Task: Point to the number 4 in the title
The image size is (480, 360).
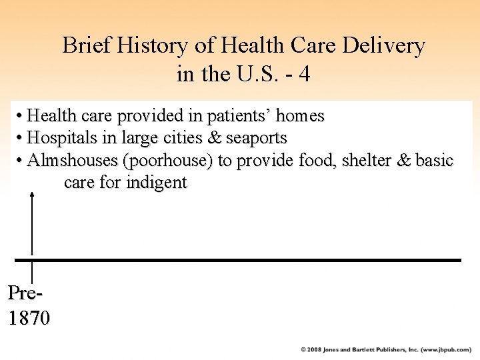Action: click(x=304, y=74)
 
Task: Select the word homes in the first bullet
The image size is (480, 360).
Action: click(x=300, y=116)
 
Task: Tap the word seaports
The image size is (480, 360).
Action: click(x=256, y=139)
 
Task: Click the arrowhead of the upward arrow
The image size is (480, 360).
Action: click(x=32, y=194)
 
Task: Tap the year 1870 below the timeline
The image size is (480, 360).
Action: click(x=29, y=319)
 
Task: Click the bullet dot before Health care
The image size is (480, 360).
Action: click(x=21, y=117)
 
